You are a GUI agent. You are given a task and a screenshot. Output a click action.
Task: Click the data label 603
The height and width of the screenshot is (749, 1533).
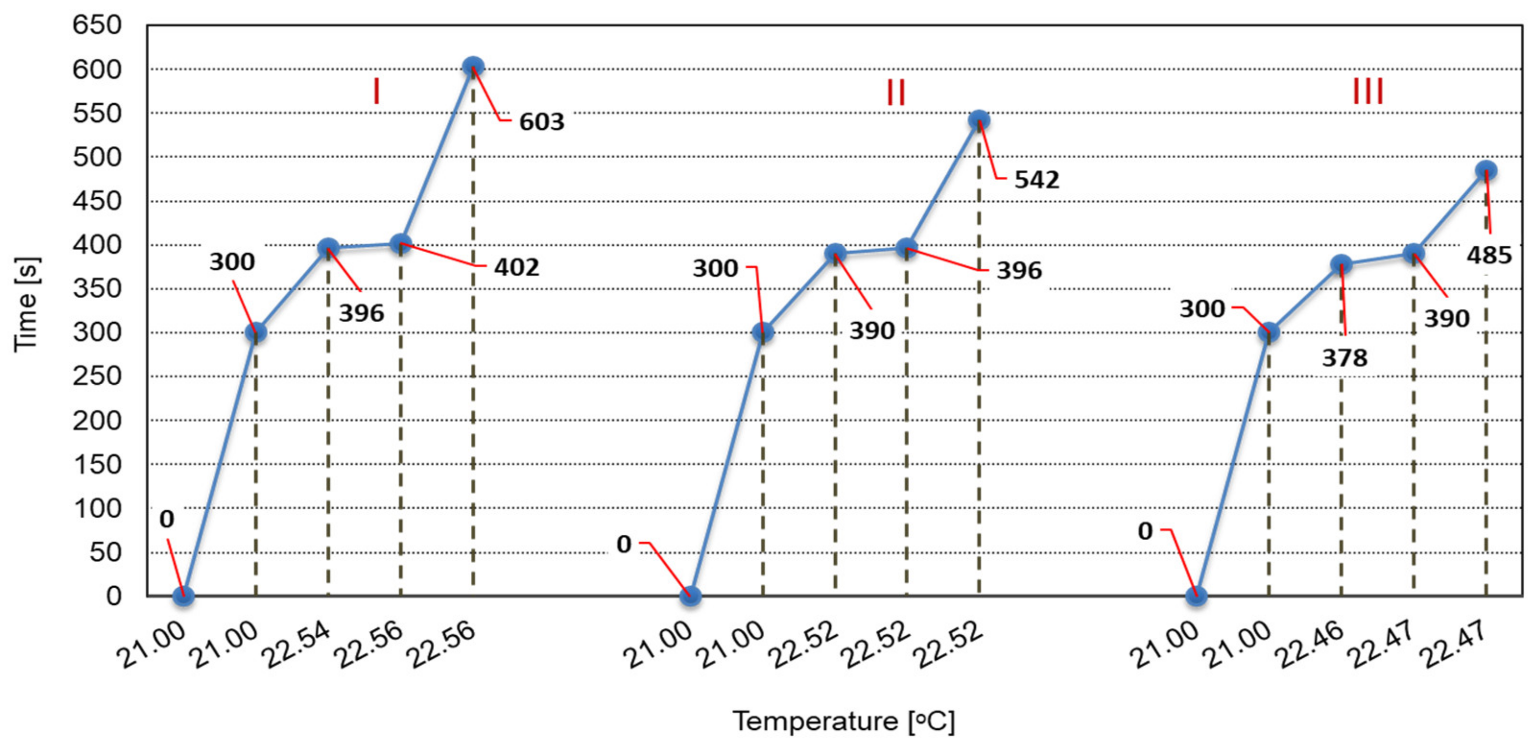click(541, 122)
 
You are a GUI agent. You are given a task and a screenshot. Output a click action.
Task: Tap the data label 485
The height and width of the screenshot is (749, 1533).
click(1488, 255)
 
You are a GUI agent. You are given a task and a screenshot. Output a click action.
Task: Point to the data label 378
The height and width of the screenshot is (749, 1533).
click(1344, 358)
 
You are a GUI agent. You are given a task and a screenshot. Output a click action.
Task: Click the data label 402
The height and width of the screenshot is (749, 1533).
click(516, 267)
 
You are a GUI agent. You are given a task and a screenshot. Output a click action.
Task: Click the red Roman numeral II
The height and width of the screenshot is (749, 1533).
click(896, 93)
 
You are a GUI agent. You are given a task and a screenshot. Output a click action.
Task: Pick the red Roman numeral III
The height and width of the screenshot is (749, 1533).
click(1367, 92)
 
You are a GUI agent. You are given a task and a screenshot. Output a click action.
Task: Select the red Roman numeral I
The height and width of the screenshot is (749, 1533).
click(376, 92)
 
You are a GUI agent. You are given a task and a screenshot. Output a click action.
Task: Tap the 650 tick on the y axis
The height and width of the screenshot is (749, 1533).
click(96, 25)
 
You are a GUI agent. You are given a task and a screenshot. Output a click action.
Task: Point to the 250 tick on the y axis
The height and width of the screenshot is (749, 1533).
click(96, 376)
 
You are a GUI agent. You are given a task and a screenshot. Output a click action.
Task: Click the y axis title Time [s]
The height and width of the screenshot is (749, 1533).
click(27, 305)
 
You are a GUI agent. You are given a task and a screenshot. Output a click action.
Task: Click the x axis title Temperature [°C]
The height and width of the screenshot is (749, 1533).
click(843, 721)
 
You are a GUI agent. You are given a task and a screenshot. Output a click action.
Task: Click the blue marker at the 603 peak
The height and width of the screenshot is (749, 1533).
click(473, 66)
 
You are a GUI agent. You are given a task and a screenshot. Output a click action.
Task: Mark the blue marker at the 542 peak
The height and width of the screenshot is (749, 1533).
click(979, 120)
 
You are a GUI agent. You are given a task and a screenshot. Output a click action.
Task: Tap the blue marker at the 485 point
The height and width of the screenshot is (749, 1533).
click(1486, 170)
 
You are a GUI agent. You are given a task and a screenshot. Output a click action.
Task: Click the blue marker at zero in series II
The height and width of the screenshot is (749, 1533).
click(690, 595)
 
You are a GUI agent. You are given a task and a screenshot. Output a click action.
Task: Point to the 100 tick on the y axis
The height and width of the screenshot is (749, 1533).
click(96, 508)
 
